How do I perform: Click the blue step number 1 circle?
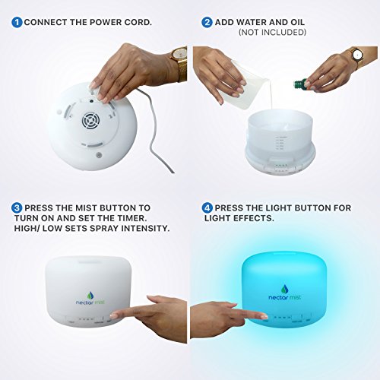tap(17, 22)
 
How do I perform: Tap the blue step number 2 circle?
tap(207, 22)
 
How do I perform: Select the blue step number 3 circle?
tap(17, 208)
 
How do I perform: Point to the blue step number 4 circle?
tap(207, 208)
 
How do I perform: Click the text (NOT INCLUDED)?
tap(272, 32)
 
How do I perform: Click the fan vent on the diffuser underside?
tap(90, 121)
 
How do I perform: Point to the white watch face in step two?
tap(357, 55)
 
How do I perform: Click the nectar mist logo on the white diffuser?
tap(90, 299)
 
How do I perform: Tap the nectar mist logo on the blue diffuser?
tap(285, 293)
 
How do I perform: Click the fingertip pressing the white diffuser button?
tap(113, 315)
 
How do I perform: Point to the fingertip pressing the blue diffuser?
tap(264, 316)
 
